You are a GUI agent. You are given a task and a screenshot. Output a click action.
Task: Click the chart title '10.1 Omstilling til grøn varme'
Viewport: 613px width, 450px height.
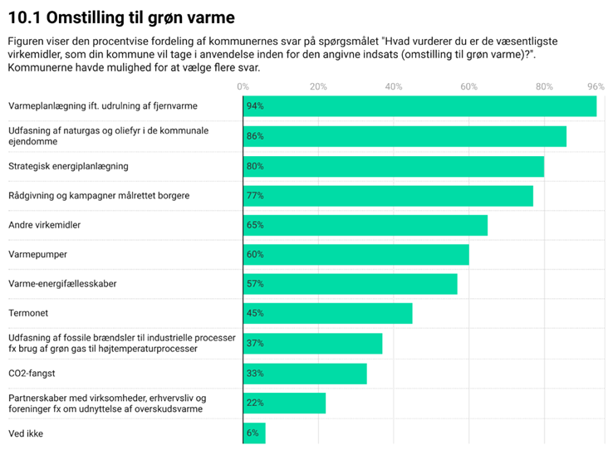click(120, 17)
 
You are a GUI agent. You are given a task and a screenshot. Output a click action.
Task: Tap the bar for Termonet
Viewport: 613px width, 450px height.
click(327, 314)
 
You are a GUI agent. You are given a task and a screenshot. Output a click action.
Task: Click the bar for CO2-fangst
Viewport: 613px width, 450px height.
click(305, 374)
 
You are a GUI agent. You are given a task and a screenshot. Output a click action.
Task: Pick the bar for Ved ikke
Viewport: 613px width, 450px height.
click(254, 433)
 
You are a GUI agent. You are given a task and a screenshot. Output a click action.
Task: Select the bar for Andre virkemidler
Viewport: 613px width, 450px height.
click(365, 225)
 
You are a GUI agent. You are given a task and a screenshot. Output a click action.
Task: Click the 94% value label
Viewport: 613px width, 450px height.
click(255, 106)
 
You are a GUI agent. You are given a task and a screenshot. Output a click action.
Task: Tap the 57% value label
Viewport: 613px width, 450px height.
click(255, 284)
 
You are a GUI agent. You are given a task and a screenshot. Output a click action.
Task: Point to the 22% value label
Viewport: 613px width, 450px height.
click(255, 403)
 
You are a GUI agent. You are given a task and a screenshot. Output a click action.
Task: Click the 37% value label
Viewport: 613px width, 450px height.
click(255, 344)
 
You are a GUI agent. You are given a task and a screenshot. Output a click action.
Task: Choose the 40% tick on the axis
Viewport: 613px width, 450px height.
click(394, 86)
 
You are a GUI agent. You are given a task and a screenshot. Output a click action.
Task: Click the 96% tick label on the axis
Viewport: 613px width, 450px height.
click(596, 86)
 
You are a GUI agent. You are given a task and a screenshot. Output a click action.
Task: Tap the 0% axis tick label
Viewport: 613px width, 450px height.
click(243, 86)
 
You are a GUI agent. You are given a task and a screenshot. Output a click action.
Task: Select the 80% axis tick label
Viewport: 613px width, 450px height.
click(544, 86)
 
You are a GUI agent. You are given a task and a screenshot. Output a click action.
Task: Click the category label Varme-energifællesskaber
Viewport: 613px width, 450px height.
click(62, 284)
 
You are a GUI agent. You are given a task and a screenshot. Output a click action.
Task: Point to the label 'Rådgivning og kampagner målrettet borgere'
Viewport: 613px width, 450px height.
click(99, 196)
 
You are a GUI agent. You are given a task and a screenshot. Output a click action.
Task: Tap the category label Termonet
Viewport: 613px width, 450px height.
click(28, 314)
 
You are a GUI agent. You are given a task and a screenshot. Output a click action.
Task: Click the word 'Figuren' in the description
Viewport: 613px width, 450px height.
click(26, 41)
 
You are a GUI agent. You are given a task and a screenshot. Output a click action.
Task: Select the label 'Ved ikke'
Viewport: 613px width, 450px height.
click(26, 433)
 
